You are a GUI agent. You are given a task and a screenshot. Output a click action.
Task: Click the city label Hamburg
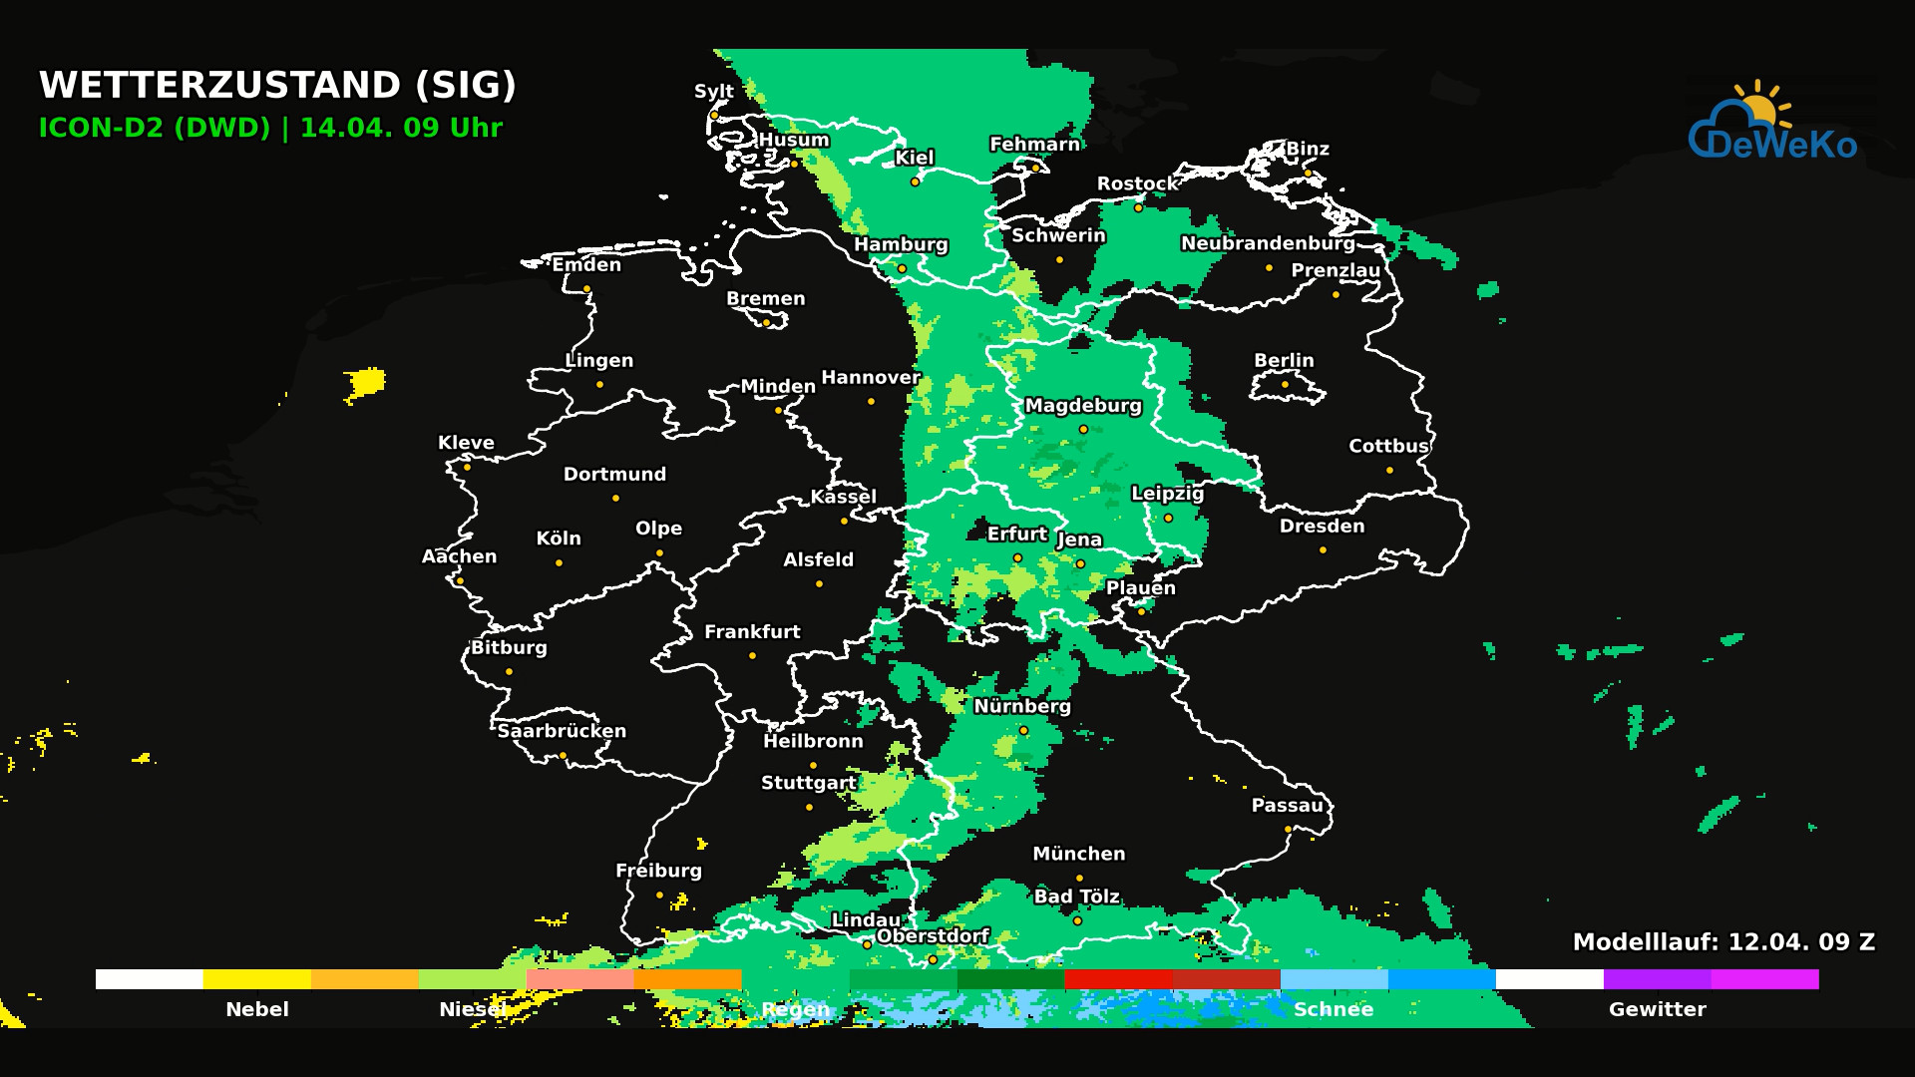(901, 244)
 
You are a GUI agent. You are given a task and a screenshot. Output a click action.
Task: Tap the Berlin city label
(1284, 360)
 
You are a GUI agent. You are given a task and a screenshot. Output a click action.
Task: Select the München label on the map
(1078, 854)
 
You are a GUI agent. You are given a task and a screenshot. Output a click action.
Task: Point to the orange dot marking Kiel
(915, 181)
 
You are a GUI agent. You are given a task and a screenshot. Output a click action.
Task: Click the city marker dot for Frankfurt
(752, 655)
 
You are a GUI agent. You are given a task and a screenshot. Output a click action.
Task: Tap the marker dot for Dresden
(1323, 549)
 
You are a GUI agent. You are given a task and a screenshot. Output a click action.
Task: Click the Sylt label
(714, 91)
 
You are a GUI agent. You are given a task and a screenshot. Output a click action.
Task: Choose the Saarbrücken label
(562, 731)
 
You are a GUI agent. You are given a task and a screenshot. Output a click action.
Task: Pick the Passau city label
(1288, 805)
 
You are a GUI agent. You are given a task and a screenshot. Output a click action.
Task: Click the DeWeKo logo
(1772, 124)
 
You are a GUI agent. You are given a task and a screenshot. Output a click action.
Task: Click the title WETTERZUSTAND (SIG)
(277, 85)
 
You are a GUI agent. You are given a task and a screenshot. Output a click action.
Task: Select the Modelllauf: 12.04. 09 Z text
(1723, 941)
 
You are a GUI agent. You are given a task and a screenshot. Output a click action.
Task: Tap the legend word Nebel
(257, 1009)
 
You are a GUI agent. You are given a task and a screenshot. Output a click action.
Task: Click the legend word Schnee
(1334, 1009)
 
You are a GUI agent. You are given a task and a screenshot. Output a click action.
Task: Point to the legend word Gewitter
(1657, 1009)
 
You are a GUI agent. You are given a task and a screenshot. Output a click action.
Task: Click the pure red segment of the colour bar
(1118, 979)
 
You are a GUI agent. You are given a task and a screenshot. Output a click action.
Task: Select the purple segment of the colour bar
(1657, 979)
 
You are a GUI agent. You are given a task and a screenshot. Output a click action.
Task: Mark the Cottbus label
(1388, 446)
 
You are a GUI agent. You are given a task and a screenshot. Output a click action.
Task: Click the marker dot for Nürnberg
(1023, 730)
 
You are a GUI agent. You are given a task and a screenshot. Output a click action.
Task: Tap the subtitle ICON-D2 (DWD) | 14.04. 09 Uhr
(270, 128)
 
